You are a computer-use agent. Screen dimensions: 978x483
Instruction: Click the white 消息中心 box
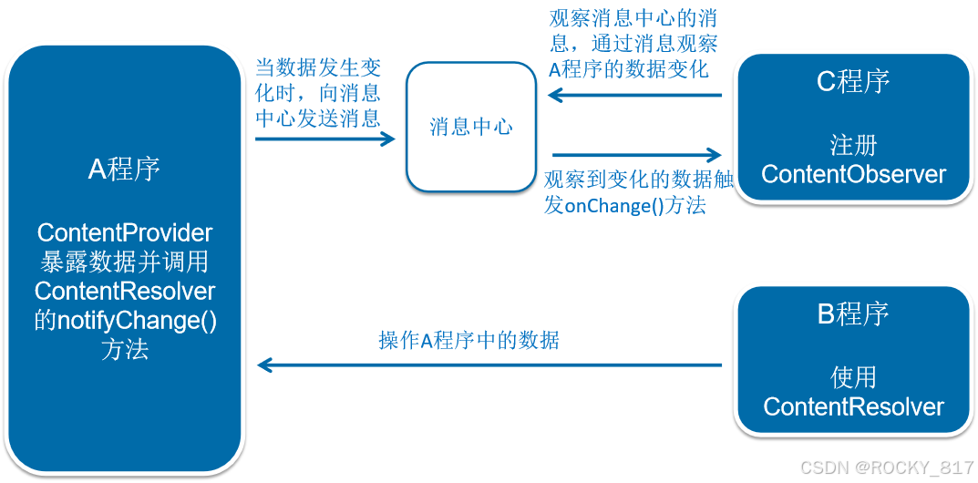[x=470, y=127]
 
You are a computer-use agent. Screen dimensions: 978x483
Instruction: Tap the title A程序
[x=124, y=169]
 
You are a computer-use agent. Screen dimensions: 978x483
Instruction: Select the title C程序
[x=853, y=82]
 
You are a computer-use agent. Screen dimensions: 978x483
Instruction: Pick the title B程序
[x=853, y=314]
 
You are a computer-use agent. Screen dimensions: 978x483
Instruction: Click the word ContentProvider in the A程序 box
[x=125, y=231]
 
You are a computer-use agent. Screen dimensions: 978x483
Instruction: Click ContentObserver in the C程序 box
[x=853, y=174]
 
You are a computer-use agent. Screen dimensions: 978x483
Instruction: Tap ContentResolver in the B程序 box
[x=853, y=406]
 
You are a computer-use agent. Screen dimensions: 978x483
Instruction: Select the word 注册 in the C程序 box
[x=853, y=145]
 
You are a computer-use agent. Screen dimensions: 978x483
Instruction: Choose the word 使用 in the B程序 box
[x=853, y=377]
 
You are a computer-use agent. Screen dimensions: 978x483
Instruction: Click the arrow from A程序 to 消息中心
[x=325, y=139]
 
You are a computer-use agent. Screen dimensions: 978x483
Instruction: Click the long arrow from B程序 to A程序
[x=489, y=365]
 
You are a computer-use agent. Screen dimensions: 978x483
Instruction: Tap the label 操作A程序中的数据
[x=468, y=341]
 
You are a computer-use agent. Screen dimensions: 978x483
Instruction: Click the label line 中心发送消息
[x=317, y=118]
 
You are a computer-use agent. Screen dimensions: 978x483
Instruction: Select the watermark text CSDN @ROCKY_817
[x=885, y=467]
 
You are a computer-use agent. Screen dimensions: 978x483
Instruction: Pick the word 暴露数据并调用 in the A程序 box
[x=125, y=262]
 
